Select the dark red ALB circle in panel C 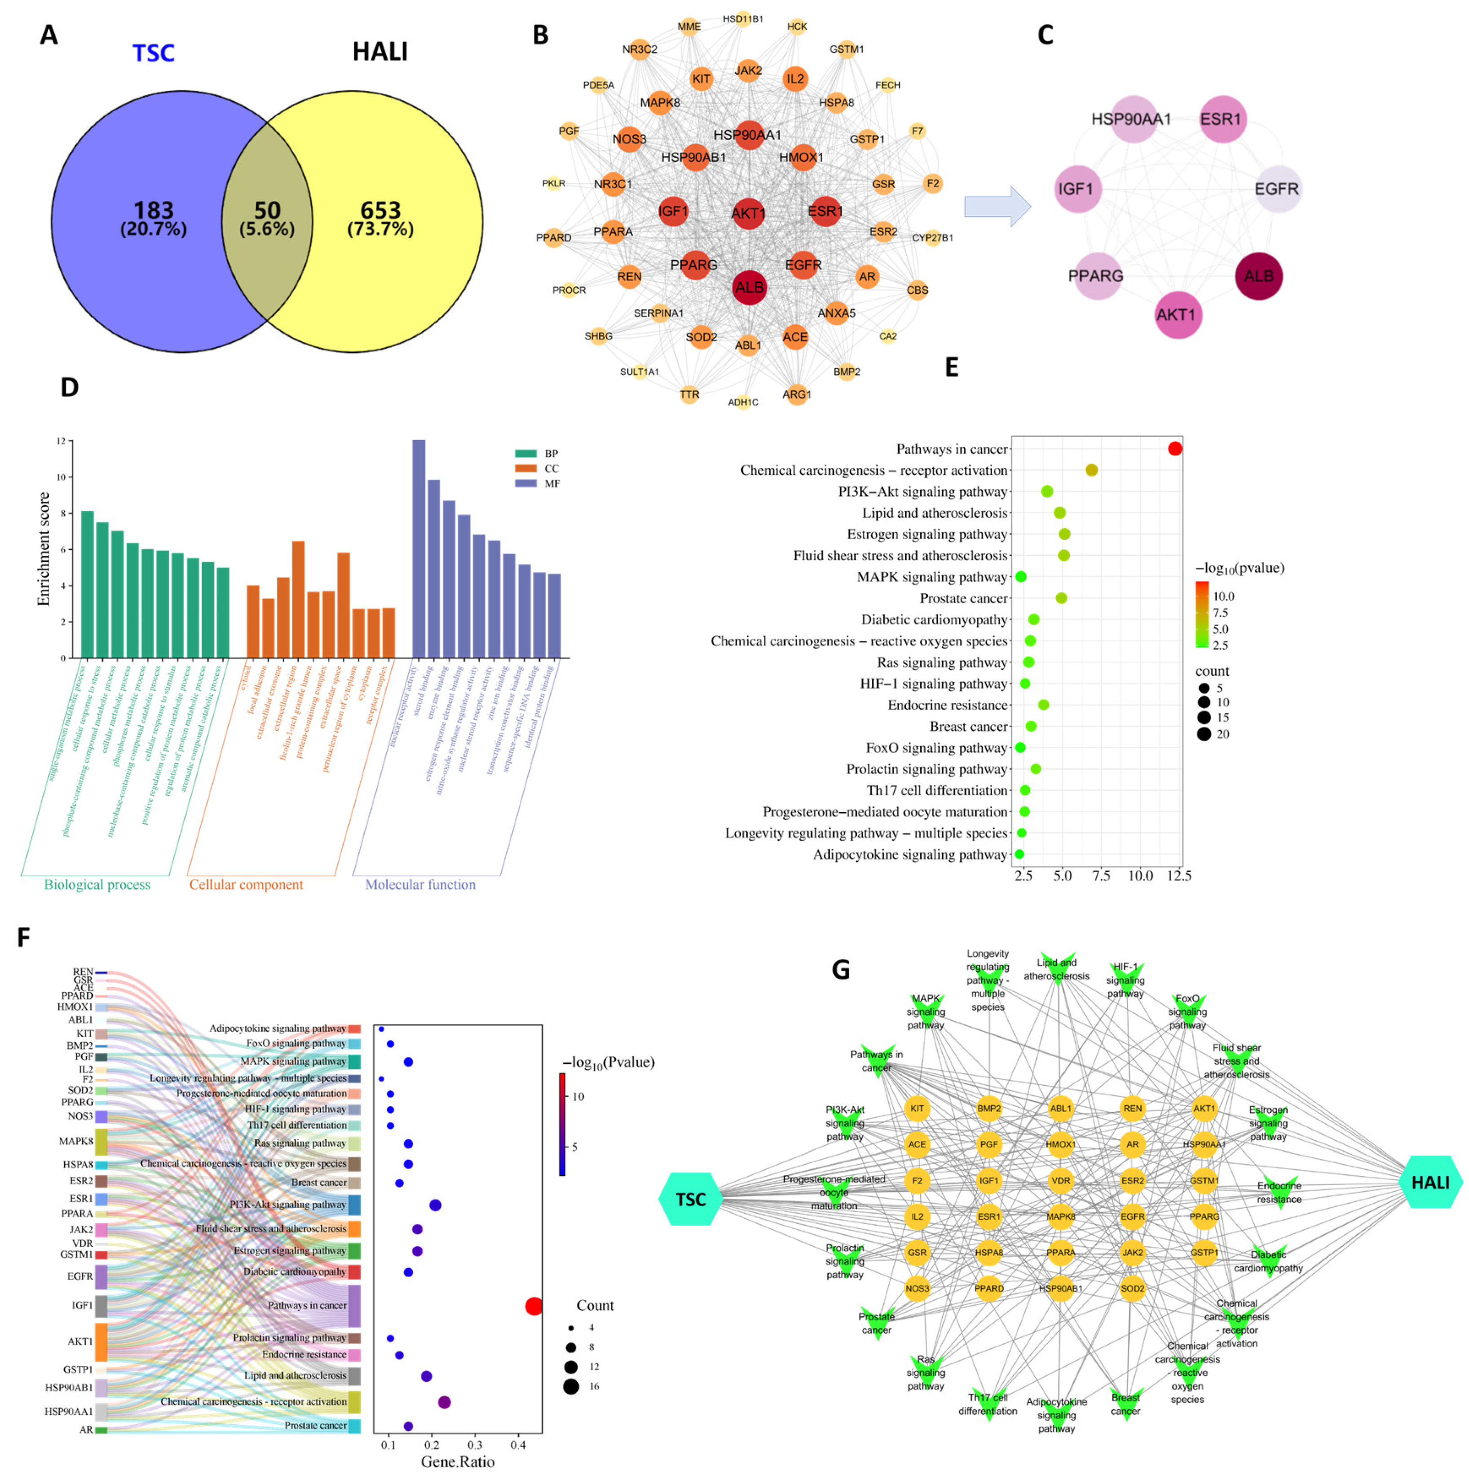coord(1258,276)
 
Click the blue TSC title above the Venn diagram coord(153,53)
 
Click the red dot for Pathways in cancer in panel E coord(1174,449)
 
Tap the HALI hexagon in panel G coord(1429,1182)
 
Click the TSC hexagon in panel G coord(690,1199)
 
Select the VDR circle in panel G coord(1060,1180)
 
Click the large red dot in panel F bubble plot coord(534,1306)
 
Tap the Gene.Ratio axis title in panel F coord(457,1461)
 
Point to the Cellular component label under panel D coord(246,884)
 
